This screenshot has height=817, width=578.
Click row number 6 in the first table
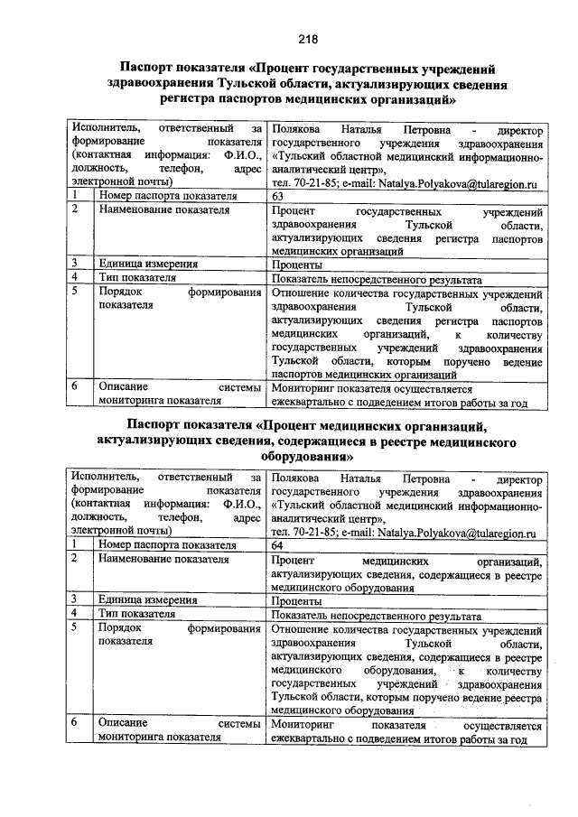point(78,385)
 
